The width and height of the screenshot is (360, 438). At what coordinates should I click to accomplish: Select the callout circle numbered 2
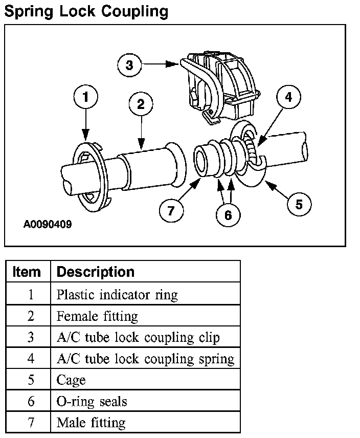141,105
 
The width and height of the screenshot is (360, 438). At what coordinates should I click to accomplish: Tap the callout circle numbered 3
129,65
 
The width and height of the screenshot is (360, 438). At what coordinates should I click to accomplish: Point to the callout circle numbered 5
299,204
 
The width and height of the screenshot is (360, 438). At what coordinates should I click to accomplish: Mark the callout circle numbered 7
170,209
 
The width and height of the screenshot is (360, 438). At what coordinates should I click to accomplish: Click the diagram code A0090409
48,224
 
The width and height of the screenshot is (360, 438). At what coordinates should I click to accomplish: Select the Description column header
96,272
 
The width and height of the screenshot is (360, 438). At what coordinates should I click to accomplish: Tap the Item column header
27,272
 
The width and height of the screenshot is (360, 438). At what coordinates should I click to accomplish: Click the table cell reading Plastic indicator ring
117,295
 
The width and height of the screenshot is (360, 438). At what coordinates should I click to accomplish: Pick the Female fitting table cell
97,316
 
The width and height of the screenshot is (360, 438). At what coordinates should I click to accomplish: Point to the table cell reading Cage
71,380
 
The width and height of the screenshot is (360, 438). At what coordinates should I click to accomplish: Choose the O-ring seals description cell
92,401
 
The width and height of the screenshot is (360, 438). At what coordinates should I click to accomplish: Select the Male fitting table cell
91,423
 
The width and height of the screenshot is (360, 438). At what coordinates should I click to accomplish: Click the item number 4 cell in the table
30,359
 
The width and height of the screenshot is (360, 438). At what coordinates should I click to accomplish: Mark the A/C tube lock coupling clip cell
138,338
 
